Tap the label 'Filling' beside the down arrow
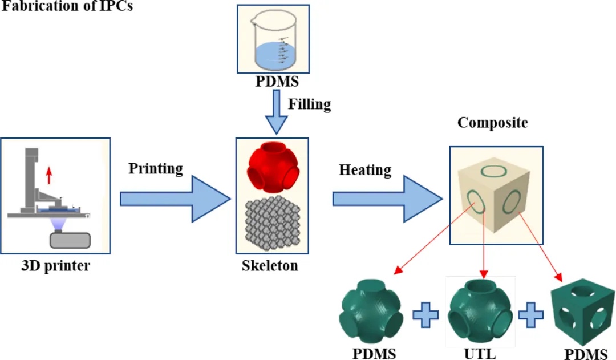tap(309, 104)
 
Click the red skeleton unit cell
tap(271, 169)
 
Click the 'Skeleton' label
tap(270, 266)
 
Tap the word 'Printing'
tap(156, 169)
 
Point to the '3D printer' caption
tap(56, 266)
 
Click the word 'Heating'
tap(365, 170)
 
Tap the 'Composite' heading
tap(493, 123)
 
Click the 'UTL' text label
tap(480, 354)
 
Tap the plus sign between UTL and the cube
tap(531, 315)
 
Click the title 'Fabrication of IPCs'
tap(68, 7)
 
